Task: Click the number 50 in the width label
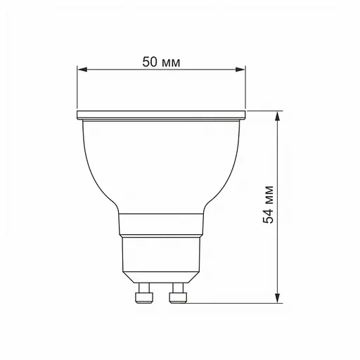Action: pyautogui.click(x=150, y=62)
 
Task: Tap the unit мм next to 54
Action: pyautogui.click(x=268, y=195)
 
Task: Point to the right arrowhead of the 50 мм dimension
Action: pyautogui.click(x=242, y=70)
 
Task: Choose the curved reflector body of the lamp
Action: pyautogui.click(x=161, y=162)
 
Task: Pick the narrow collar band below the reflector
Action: pyautogui.click(x=161, y=224)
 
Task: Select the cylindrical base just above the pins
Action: pyautogui.click(x=161, y=257)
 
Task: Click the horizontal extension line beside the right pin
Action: pyautogui.click(x=232, y=303)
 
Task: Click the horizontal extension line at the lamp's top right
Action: pyautogui.click(x=264, y=111)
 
